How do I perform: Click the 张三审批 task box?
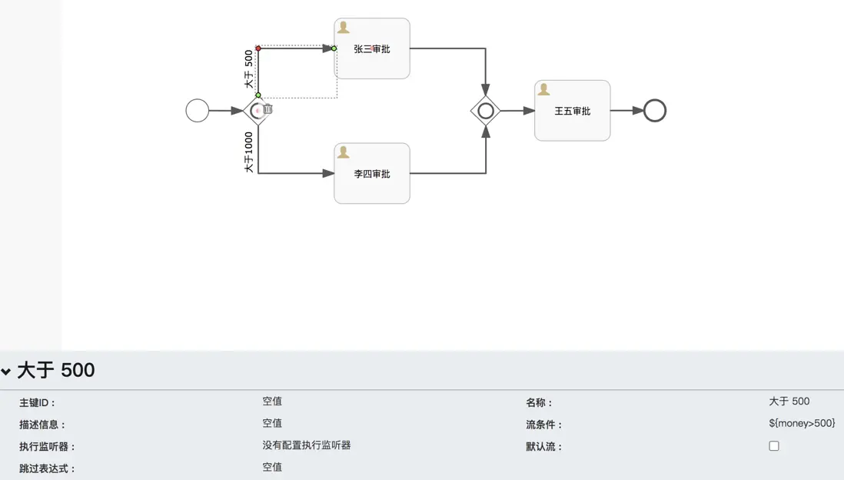(x=372, y=48)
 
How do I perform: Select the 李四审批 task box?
(x=372, y=174)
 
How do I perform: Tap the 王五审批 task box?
(x=573, y=111)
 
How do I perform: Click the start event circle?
(x=198, y=111)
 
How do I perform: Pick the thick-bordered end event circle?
(x=655, y=111)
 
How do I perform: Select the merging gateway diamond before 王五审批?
(x=486, y=111)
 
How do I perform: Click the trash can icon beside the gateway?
(x=267, y=109)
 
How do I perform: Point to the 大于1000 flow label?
(x=248, y=152)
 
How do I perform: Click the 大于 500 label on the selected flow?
(x=248, y=69)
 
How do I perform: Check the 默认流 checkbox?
(x=774, y=446)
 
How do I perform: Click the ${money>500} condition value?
(x=802, y=423)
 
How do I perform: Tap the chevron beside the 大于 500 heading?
(x=6, y=372)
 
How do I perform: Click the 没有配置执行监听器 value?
(x=306, y=445)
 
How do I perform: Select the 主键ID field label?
(x=38, y=402)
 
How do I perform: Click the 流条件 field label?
(x=544, y=425)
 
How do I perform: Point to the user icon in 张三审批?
(x=344, y=28)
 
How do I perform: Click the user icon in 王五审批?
(x=544, y=90)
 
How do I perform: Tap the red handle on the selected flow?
(x=258, y=48)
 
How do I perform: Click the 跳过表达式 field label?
(x=48, y=468)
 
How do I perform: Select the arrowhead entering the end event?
(x=638, y=111)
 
